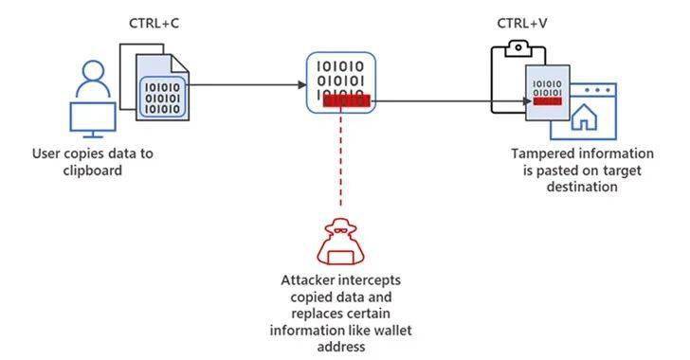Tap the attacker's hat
339,228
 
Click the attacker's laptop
339,253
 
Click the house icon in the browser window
587,117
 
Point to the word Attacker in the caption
309,280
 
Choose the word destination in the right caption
582,187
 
